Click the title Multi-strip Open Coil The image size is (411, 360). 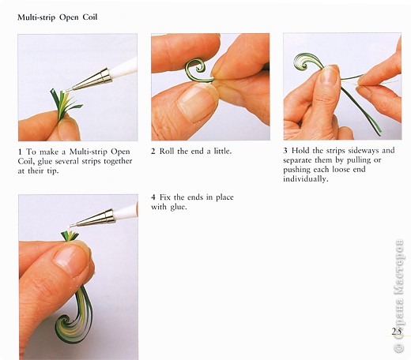(x=58, y=17)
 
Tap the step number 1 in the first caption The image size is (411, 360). (x=20, y=152)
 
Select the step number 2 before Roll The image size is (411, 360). (x=153, y=152)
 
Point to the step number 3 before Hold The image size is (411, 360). (x=285, y=151)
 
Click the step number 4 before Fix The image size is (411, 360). (x=153, y=197)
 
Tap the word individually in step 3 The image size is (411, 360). (x=306, y=179)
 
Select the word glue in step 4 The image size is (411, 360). (x=179, y=207)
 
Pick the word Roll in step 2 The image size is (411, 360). (x=168, y=151)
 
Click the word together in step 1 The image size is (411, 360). (x=118, y=161)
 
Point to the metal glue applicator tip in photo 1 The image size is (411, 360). (x=89, y=80)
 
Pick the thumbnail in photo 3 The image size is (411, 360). (x=329, y=77)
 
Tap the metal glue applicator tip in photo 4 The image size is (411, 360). (x=92, y=218)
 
